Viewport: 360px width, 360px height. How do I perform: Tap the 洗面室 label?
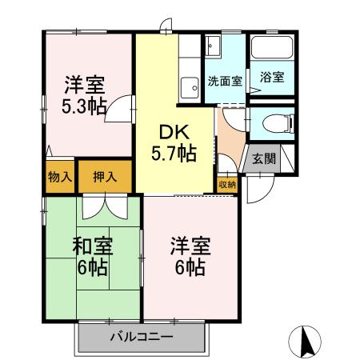[222, 81]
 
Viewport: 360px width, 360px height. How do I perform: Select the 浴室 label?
[272, 78]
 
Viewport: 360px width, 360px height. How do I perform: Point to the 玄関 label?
[264, 158]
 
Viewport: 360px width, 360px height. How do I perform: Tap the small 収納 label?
[227, 184]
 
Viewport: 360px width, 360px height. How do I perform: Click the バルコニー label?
[142, 337]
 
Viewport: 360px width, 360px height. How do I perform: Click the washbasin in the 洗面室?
[212, 46]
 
